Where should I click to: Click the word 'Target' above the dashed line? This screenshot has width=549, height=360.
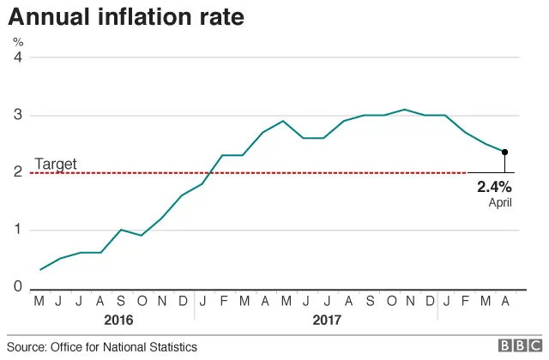pyautogui.click(x=55, y=164)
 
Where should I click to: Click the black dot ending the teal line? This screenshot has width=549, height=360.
pyautogui.click(x=505, y=152)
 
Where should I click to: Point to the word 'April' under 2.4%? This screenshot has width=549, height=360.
pyautogui.click(x=500, y=202)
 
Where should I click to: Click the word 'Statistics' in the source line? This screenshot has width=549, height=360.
pyautogui.click(x=172, y=347)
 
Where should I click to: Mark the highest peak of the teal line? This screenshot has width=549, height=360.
pyautogui.click(x=404, y=110)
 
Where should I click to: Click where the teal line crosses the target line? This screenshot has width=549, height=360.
pyautogui.click(x=211, y=173)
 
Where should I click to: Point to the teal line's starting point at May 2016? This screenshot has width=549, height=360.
pyautogui.click(x=39, y=269)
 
